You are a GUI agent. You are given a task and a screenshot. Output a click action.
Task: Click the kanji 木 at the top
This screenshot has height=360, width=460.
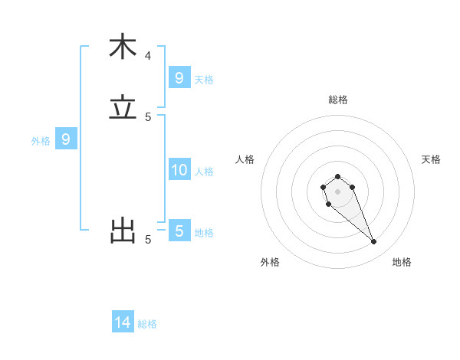pyautogui.click(x=123, y=47)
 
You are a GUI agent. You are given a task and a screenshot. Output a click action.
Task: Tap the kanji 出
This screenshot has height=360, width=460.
pyautogui.click(x=123, y=231)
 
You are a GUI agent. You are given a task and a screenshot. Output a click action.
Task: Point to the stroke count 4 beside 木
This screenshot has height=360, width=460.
pyautogui.click(x=148, y=55)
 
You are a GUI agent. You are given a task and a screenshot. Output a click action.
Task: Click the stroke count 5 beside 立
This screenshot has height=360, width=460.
pyautogui.click(x=148, y=116)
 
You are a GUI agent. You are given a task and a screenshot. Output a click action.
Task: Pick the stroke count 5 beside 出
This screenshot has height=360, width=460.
pyautogui.click(x=148, y=239)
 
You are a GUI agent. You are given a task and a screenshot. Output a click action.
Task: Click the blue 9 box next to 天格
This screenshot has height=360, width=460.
pyautogui.click(x=179, y=78)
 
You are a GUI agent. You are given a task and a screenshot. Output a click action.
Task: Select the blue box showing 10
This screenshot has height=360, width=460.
pyautogui.click(x=179, y=170)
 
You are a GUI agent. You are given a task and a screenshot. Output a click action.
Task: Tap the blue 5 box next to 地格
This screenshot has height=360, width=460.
pyautogui.click(x=179, y=231)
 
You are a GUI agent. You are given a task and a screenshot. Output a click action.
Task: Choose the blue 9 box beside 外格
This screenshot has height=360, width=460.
pyautogui.click(x=67, y=139)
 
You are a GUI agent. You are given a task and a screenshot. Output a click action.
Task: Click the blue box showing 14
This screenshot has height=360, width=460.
pyautogui.click(x=123, y=322)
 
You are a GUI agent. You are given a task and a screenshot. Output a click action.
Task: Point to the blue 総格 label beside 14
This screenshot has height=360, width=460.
pyautogui.click(x=148, y=324)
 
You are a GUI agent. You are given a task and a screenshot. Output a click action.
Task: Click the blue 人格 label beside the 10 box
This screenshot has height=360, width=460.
pyautogui.click(x=205, y=171)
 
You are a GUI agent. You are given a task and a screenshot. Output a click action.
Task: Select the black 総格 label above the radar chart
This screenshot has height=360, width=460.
pyautogui.click(x=338, y=100)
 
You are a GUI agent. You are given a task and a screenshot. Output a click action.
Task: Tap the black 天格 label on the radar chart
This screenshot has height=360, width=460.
pyautogui.click(x=431, y=159)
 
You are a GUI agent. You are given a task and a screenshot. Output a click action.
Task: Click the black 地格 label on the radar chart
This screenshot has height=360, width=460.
pyautogui.click(x=402, y=262)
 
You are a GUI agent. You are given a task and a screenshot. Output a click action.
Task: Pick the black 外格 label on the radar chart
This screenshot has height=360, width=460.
pyautogui.click(x=270, y=262)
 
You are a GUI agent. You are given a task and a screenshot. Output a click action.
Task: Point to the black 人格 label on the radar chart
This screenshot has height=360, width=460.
pyautogui.click(x=245, y=159)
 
